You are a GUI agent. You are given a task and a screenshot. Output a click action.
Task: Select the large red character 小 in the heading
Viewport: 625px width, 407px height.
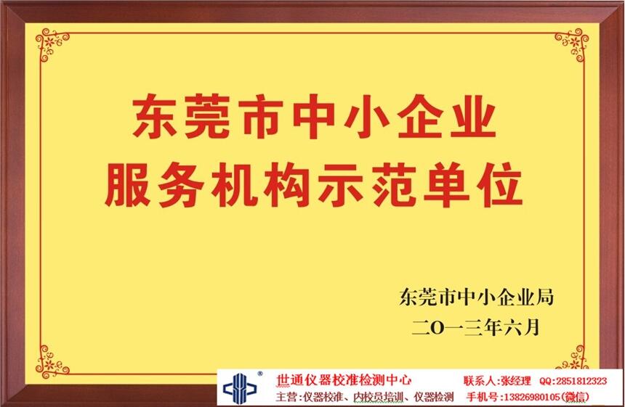click(x=367, y=117)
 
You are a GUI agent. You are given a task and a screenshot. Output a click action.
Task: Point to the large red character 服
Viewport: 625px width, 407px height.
click(x=128, y=184)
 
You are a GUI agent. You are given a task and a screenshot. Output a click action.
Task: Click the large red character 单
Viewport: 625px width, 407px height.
click(x=446, y=184)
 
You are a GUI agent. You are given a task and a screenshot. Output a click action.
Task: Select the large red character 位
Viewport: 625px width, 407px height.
click(x=499, y=184)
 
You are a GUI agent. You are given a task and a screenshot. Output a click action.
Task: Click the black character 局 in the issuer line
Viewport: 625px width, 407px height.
click(x=544, y=297)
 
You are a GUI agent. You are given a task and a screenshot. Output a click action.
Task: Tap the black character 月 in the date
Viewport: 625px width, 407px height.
click(x=531, y=327)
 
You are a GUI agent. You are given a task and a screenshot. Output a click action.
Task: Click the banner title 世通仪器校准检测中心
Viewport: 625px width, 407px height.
click(x=343, y=380)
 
